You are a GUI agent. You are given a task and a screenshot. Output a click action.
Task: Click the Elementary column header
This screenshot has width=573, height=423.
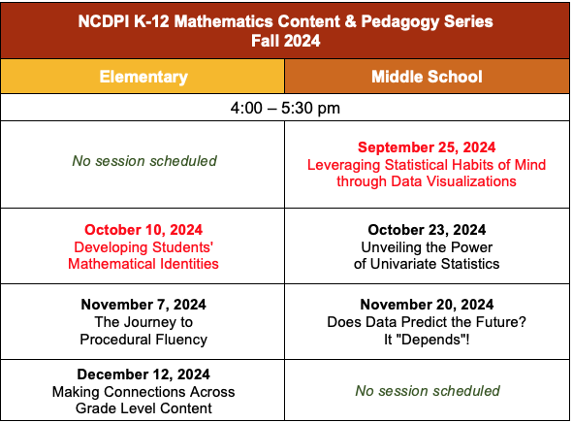coord(143,77)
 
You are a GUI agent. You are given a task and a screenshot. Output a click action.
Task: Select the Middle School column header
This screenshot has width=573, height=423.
coord(427,77)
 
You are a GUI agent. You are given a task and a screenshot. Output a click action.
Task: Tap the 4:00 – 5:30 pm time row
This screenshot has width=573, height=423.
coord(286,107)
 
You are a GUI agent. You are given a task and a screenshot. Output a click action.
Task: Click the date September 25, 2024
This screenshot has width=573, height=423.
coord(427,147)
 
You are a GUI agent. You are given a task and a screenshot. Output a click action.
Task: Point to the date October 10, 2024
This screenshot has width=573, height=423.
coord(143,230)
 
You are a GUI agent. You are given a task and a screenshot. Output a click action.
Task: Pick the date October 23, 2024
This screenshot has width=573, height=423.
coord(427,230)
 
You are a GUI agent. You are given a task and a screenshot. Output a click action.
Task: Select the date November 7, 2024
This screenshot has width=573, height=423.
coord(143,305)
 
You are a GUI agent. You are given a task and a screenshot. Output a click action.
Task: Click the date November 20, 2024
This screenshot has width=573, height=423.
coord(427,305)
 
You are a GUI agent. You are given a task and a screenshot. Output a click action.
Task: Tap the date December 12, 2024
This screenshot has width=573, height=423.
coord(143,374)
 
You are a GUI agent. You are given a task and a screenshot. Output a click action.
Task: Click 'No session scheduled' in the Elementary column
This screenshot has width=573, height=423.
coord(143,160)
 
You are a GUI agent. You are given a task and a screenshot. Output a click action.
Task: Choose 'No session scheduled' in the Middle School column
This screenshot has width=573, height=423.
coord(427,391)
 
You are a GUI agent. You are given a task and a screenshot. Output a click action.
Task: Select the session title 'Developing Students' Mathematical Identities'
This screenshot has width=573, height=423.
coord(143,255)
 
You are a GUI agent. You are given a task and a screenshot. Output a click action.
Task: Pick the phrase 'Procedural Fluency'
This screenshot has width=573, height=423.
coord(143,340)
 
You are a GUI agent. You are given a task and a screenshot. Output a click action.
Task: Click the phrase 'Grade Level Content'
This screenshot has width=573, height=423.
coord(143,408)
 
